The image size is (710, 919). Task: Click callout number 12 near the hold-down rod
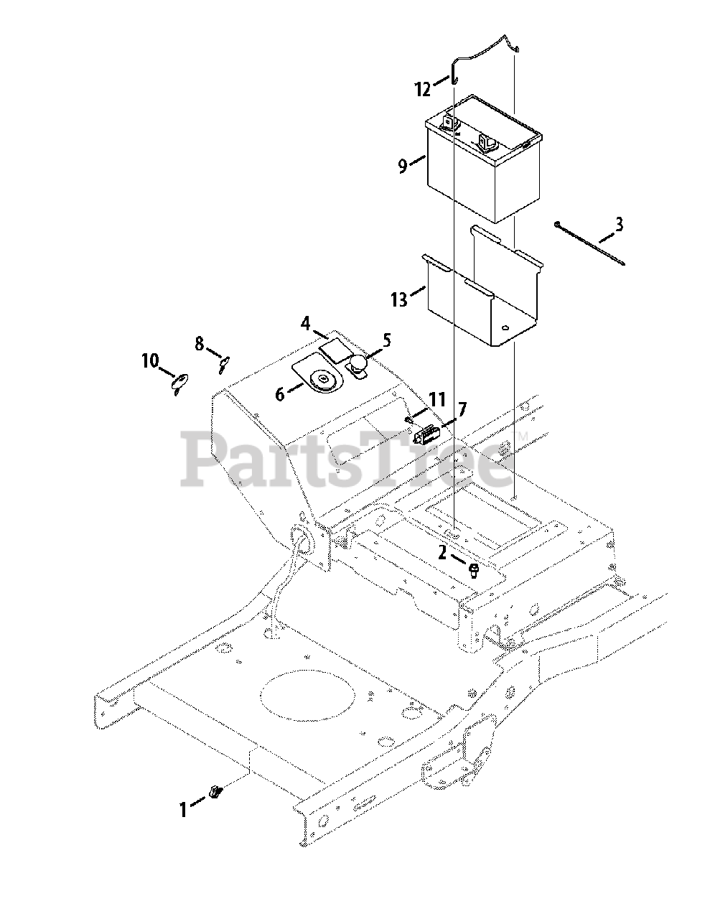coord(423,89)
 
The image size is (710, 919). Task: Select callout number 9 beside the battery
coord(403,166)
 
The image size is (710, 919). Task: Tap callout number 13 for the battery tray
coord(399,299)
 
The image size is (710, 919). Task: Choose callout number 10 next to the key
coord(149,360)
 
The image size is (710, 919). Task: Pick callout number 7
coord(462,410)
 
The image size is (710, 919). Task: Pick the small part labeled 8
coord(223,365)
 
